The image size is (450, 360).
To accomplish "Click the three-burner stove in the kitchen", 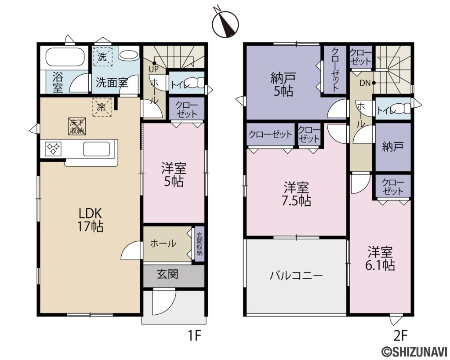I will tap(53, 149).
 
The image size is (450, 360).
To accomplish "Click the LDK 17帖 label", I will tap(91, 220).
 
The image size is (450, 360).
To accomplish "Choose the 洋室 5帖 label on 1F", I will tap(174, 175).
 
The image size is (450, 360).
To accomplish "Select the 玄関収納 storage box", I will tap(200, 244).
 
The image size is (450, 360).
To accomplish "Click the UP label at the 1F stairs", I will tap(153, 69).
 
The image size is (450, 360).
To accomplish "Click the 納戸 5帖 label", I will tap(283, 85).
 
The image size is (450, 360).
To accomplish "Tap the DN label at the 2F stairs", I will tap(365, 83).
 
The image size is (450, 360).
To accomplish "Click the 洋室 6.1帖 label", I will tap(381, 259).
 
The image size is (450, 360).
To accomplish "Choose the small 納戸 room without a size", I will tap(393, 147).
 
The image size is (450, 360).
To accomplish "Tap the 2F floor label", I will tap(400, 336).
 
